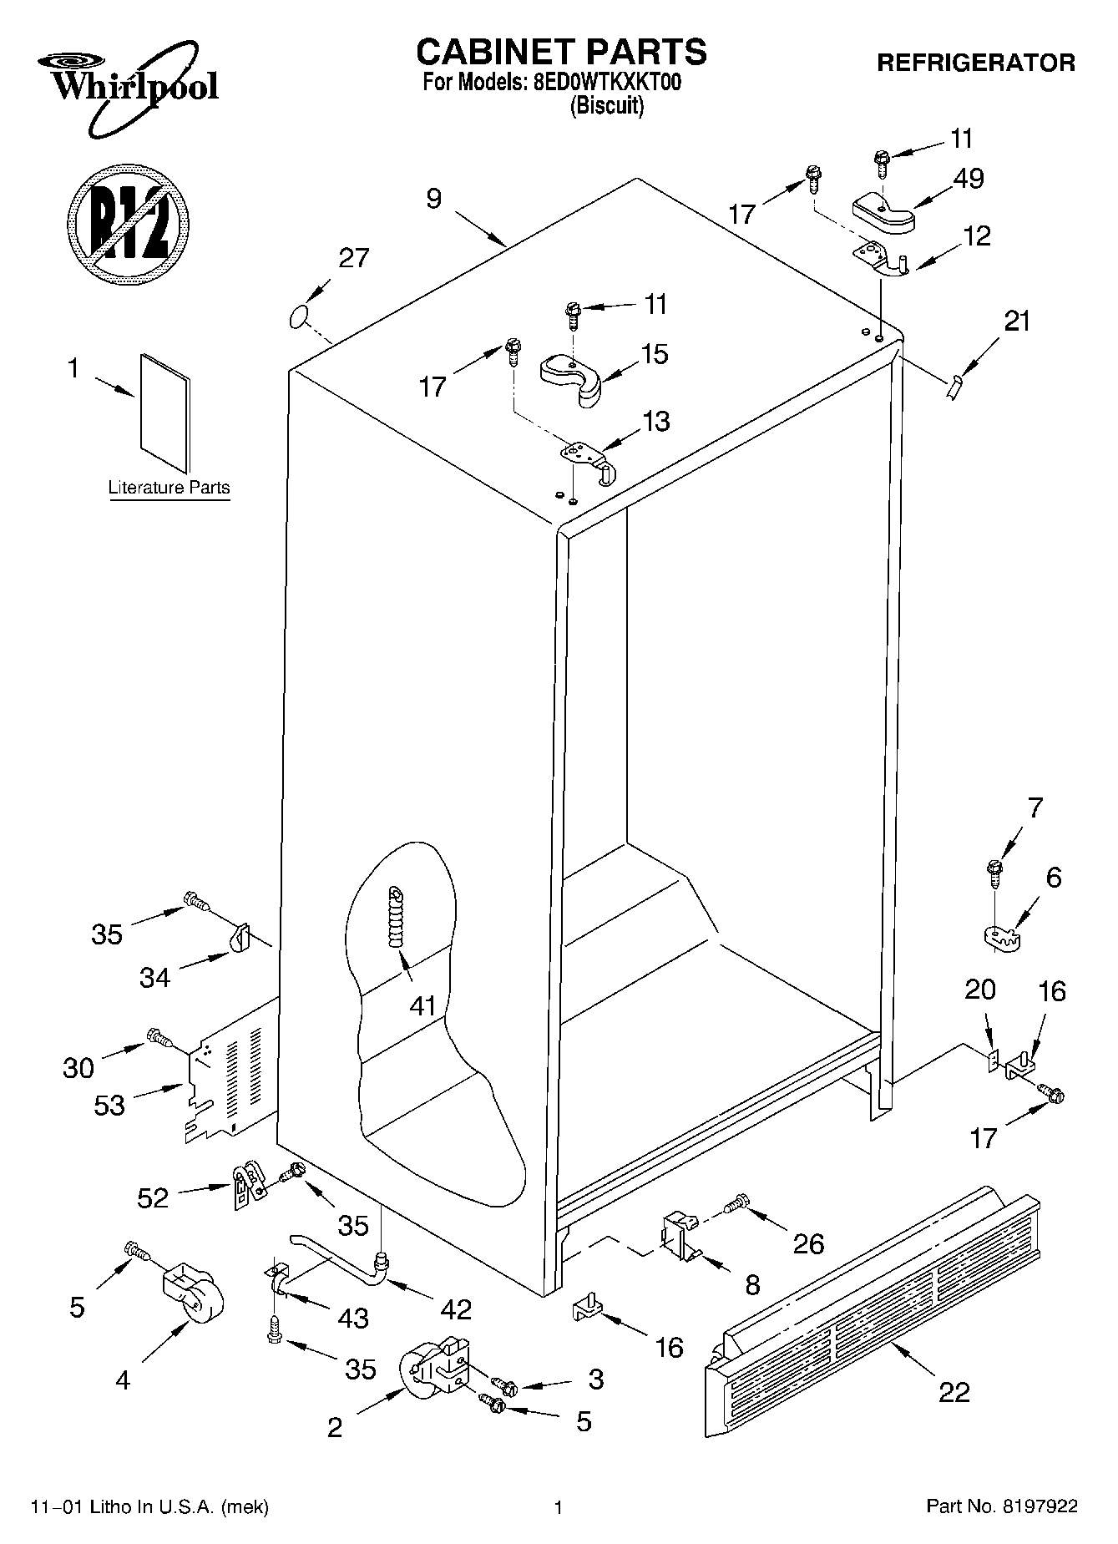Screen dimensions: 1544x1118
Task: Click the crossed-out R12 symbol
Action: [128, 221]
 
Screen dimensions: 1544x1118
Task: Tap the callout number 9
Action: [433, 200]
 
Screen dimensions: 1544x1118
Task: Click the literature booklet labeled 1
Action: [165, 413]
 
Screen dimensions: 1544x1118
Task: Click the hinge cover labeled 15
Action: [572, 377]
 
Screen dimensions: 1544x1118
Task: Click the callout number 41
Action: [422, 1005]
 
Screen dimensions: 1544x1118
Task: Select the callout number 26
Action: [807, 1243]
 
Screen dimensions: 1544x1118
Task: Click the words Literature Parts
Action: [169, 488]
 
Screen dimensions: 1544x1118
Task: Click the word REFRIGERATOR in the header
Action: [975, 63]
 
